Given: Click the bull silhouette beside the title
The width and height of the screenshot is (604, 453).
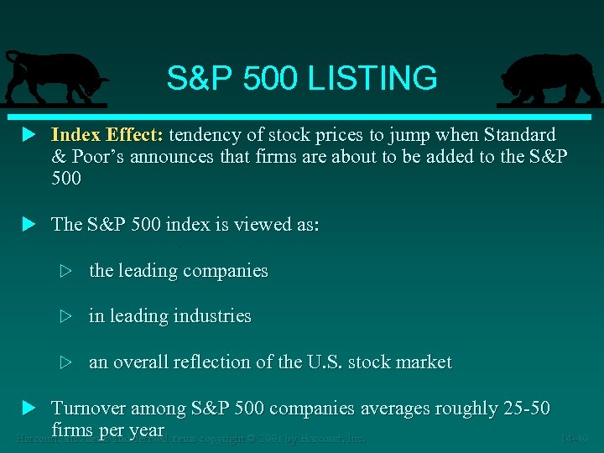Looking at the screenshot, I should tap(52, 77).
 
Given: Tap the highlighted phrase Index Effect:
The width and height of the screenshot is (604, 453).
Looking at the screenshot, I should tap(109, 135).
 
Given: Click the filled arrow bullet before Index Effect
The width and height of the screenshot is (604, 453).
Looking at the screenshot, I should tap(29, 135).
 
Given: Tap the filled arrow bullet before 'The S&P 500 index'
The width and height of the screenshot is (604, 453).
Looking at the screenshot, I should tap(29, 224).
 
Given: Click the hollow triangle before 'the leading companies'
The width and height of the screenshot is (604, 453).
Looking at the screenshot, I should tap(67, 271).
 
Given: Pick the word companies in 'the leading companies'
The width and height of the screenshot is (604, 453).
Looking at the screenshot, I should tap(228, 271).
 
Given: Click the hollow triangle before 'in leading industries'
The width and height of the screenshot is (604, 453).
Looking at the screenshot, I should tap(67, 316).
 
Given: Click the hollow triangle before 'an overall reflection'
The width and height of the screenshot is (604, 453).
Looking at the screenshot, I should tap(67, 362).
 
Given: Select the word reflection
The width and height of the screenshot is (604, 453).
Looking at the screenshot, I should tap(213, 362).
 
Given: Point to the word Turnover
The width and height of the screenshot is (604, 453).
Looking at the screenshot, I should tap(89, 409).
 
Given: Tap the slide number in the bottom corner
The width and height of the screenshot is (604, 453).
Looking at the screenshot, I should tap(576, 437).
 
